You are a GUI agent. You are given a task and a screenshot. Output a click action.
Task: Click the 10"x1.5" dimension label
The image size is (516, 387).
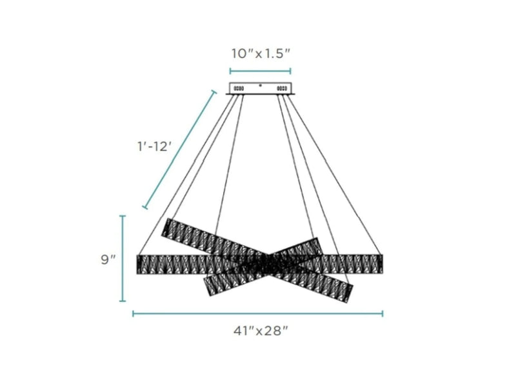(261, 54)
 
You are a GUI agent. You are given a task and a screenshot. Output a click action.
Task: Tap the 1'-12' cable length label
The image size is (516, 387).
(154, 146)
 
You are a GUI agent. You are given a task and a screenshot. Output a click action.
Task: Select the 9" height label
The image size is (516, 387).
(108, 259)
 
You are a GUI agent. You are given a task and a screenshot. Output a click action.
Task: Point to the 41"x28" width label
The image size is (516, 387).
(261, 330)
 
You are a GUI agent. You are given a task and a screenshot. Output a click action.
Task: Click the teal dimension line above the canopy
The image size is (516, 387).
(261, 71)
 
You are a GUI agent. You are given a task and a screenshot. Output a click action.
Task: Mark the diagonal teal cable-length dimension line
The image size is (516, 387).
(180, 150)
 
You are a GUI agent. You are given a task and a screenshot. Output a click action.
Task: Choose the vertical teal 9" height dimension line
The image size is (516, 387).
(123, 259)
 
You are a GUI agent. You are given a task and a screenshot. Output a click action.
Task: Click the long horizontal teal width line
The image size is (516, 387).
(257, 313)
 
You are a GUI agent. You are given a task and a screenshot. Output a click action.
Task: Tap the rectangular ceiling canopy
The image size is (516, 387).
(261, 88)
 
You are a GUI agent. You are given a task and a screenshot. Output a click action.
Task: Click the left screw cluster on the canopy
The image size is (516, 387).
(239, 88)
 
